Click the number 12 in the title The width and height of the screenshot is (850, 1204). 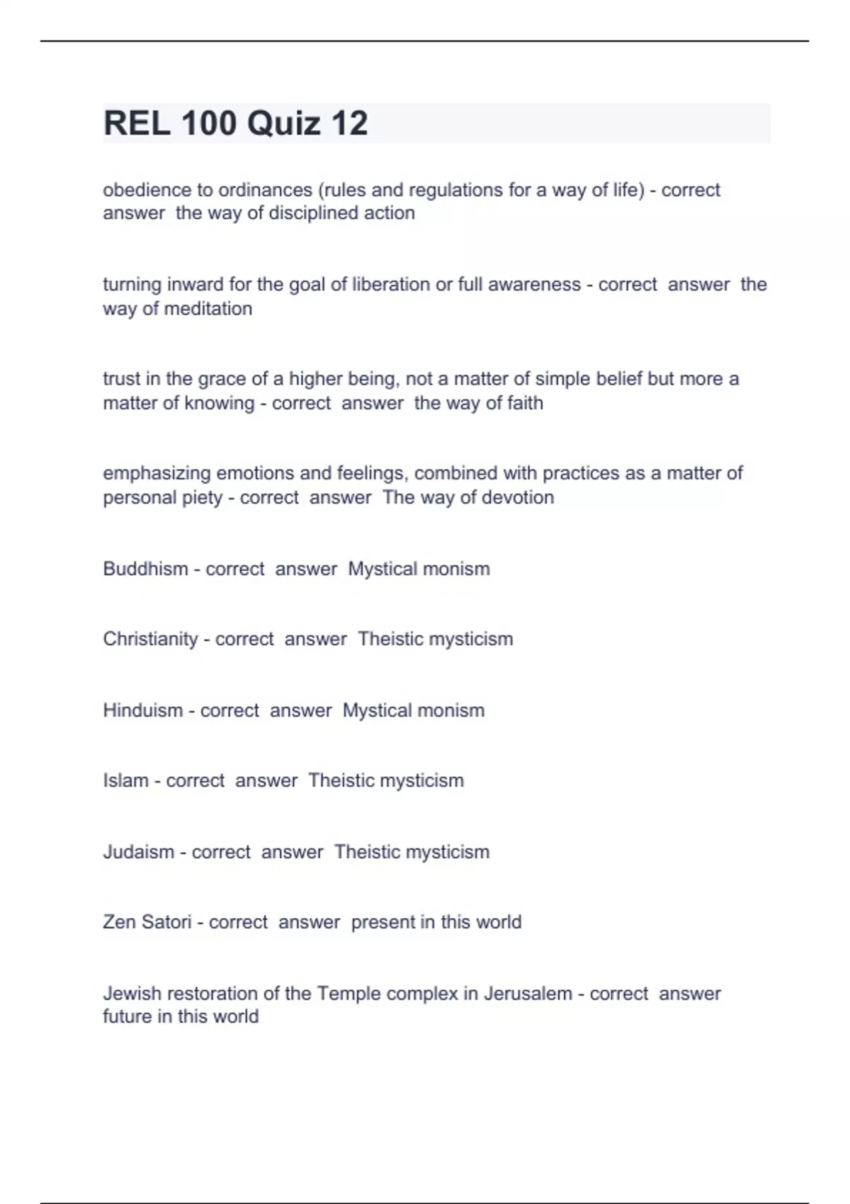click(x=348, y=123)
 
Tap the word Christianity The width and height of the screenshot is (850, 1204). click(x=150, y=639)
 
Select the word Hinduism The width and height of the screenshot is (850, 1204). click(x=142, y=710)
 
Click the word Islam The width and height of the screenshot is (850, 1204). click(x=125, y=780)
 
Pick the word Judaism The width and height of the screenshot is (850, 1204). click(x=138, y=851)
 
